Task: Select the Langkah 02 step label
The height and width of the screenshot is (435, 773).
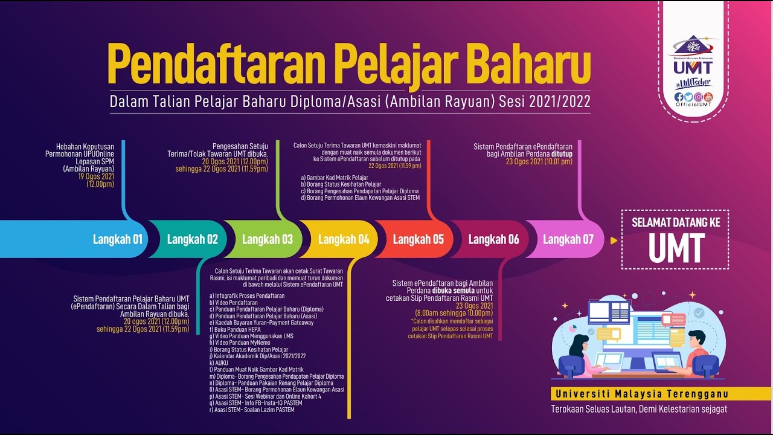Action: (x=192, y=239)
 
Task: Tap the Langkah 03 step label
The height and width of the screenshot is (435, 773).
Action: (x=267, y=239)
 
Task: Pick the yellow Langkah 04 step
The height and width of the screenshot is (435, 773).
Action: (x=343, y=239)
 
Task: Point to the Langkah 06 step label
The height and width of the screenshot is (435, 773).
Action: (x=493, y=239)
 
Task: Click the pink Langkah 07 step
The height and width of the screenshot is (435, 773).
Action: (x=568, y=239)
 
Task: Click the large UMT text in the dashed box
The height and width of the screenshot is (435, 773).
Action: (x=676, y=248)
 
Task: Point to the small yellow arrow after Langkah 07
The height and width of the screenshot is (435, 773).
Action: (x=614, y=240)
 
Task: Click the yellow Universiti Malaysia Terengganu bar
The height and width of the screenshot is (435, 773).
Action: (x=661, y=394)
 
